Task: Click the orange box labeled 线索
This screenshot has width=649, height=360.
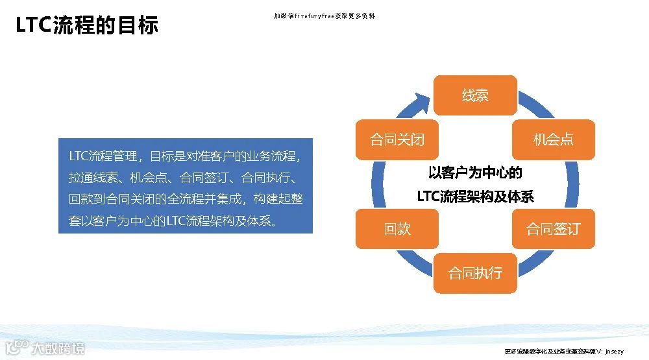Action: pyautogui.click(x=475, y=96)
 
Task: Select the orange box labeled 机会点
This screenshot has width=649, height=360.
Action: pyautogui.click(x=553, y=139)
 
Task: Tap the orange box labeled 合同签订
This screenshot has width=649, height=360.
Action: pyautogui.click(x=553, y=229)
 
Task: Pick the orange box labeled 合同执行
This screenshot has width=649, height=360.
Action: pyautogui.click(x=475, y=272)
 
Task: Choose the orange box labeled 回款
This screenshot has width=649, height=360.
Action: pyautogui.click(x=397, y=229)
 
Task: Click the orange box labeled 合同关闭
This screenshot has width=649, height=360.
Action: pyautogui.click(x=397, y=139)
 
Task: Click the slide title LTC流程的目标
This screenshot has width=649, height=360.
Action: pyautogui.click(x=87, y=26)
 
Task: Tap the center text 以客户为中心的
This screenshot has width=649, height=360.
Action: pyautogui.click(x=476, y=173)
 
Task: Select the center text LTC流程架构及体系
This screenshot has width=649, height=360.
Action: pyautogui.click(x=476, y=196)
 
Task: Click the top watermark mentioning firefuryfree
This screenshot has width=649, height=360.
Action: pyautogui.click(x=324, y=16)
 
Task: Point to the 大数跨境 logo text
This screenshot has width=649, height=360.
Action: pyautogui.click(x=58, y=349)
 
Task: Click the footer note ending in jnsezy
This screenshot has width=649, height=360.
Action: pyautogui.click(x=564, y=351)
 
